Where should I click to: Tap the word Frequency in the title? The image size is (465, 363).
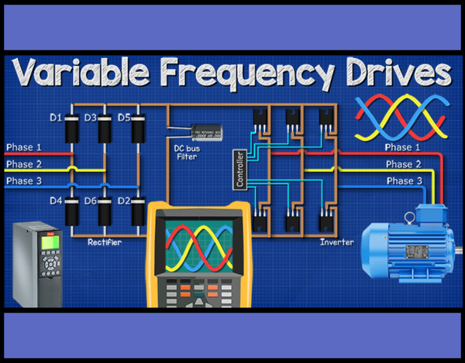point(244,75)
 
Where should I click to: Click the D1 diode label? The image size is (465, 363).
point(56,118)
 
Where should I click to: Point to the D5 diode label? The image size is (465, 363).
point(124,118)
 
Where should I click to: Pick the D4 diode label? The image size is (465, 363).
point(56,200)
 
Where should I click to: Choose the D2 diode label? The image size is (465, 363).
point(124,200)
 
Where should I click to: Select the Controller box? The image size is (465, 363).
point(238,170)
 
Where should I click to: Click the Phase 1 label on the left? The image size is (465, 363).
point(24,147)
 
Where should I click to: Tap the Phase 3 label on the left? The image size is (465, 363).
point(24,181)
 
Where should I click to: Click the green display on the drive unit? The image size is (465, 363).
point(51,240)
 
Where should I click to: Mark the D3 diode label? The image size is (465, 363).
point(90,118)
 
